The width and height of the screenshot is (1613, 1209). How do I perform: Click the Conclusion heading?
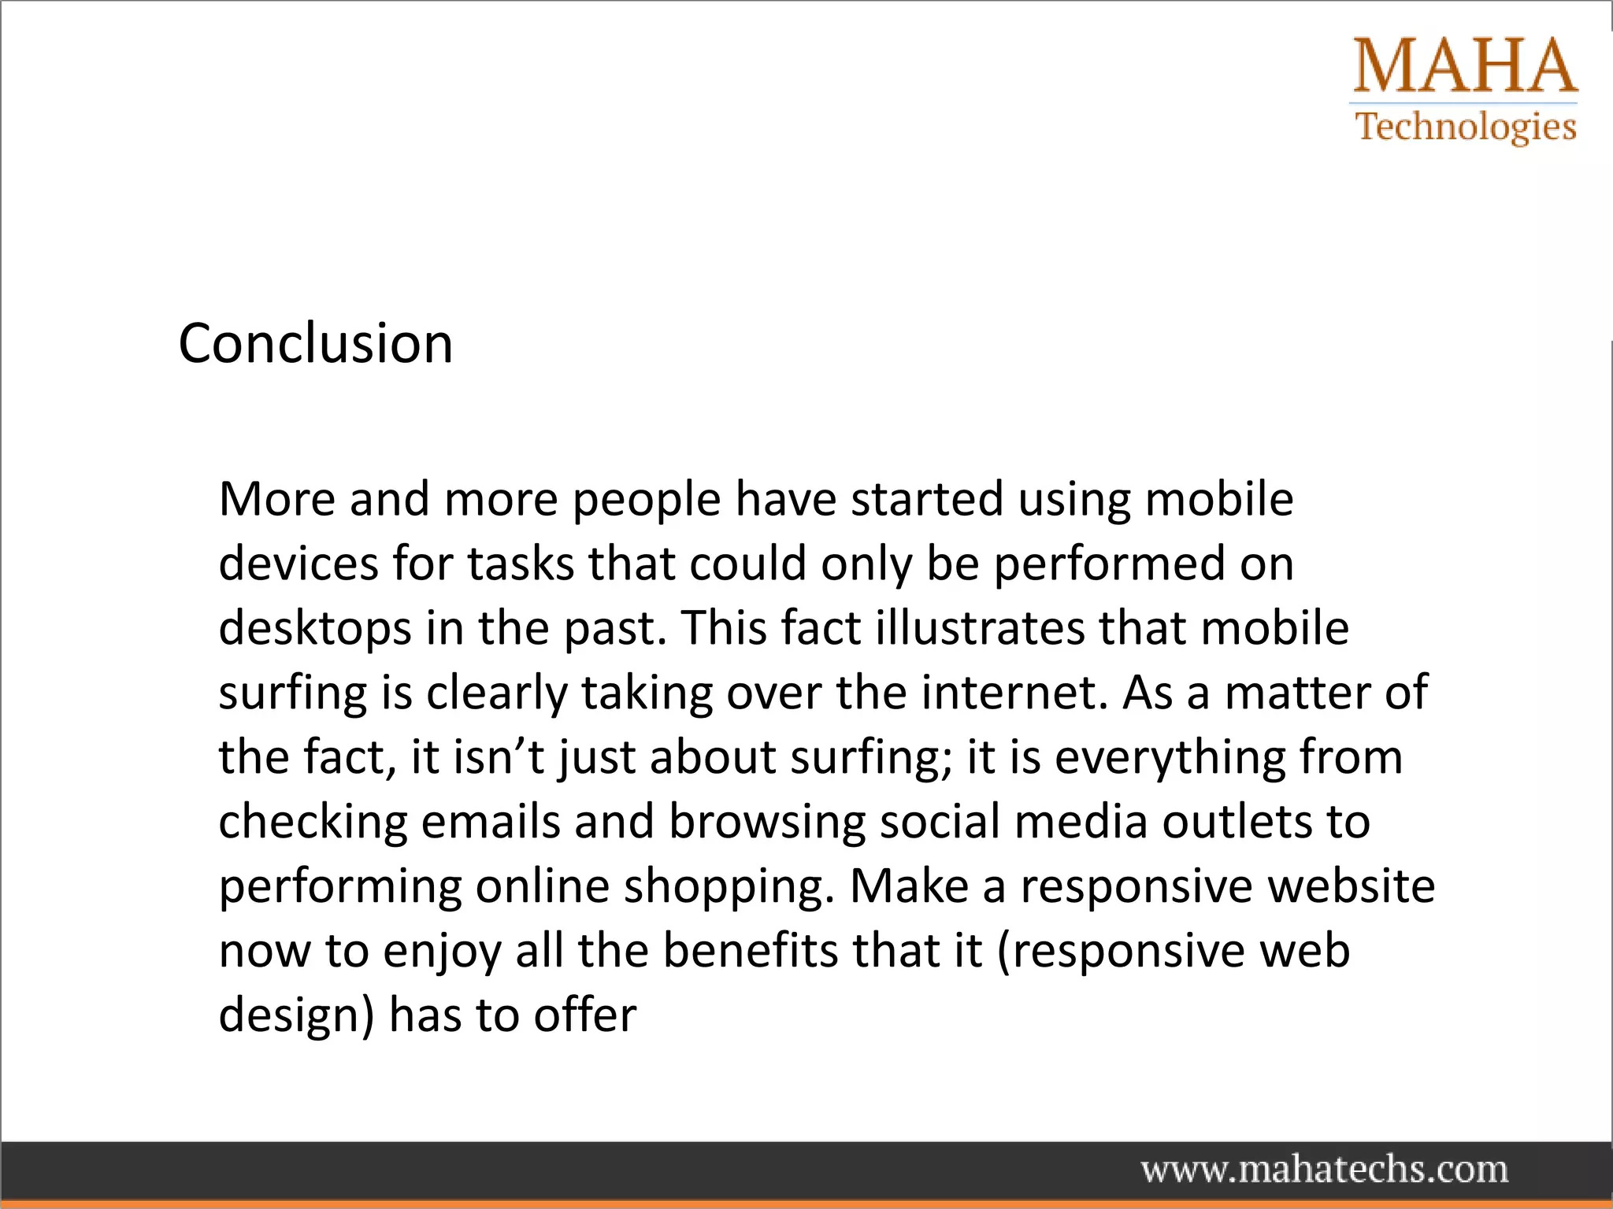tap(315, 344)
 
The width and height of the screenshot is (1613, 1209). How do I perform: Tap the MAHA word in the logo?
tap(1465, 66)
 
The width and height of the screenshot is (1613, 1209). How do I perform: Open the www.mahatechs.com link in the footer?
tap(1325, 1170)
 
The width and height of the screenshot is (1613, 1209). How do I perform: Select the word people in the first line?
tap(647, 501)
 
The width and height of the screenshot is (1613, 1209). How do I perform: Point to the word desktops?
tap(315, 630)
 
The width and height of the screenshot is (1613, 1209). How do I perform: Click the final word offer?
tap(584, 1015)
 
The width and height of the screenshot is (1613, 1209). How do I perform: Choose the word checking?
tap(313, 823)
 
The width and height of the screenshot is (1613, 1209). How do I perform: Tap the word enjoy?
tap(442, 952)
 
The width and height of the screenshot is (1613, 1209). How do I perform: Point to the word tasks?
tap(521, 565)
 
